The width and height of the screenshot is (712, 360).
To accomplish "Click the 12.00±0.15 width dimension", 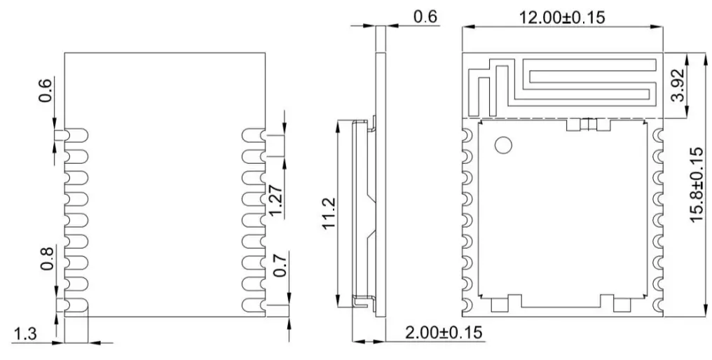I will pos(562,18).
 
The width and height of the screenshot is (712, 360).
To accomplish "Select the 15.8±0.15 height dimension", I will pos(695,184).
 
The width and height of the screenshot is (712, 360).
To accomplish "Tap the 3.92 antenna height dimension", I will pos(677,85).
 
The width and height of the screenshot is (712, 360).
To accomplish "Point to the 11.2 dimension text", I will pos(329,213).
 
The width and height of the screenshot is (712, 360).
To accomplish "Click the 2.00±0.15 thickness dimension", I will pos(444,331).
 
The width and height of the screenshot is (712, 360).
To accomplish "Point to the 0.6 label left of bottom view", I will pos(45,90).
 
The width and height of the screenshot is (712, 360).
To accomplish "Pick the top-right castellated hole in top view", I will pos(657,134).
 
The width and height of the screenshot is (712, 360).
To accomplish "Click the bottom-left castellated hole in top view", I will pos(467,304).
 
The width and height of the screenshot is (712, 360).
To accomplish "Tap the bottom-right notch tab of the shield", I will pos(622,303).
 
